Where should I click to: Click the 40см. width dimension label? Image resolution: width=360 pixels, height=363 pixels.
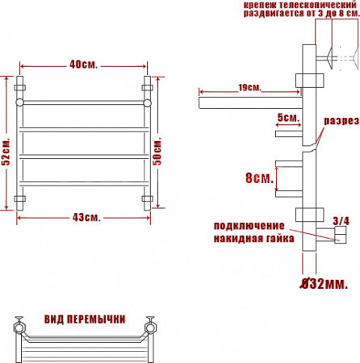[84, 65]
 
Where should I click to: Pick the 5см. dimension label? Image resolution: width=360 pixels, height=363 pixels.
[287, 118]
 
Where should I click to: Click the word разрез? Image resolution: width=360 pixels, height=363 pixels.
[341, 120]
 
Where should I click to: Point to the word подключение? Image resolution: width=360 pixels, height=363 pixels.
[249, 224]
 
